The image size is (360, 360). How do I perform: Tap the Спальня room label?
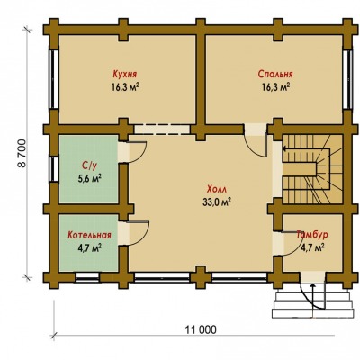coord(275,74)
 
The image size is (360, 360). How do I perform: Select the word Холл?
coord(217,190)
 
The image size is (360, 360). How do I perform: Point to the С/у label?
coord(89,166)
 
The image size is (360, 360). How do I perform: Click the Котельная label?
coord(89,235)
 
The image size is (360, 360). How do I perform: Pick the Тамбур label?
coord(312,235)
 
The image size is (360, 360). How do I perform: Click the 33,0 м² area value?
coord(217,202)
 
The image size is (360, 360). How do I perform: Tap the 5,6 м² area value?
coord(89,179)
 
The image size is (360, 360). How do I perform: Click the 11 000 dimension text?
coord(201,330)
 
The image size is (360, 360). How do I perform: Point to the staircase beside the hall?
coord(312,169)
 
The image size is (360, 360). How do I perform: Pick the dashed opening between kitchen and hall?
coord(162,130)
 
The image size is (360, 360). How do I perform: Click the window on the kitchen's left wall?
coord(54,79)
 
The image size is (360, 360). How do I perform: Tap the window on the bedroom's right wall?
coord(347,79)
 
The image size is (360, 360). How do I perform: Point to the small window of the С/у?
coord(54,169)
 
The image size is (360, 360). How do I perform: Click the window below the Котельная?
coord(87,277)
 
